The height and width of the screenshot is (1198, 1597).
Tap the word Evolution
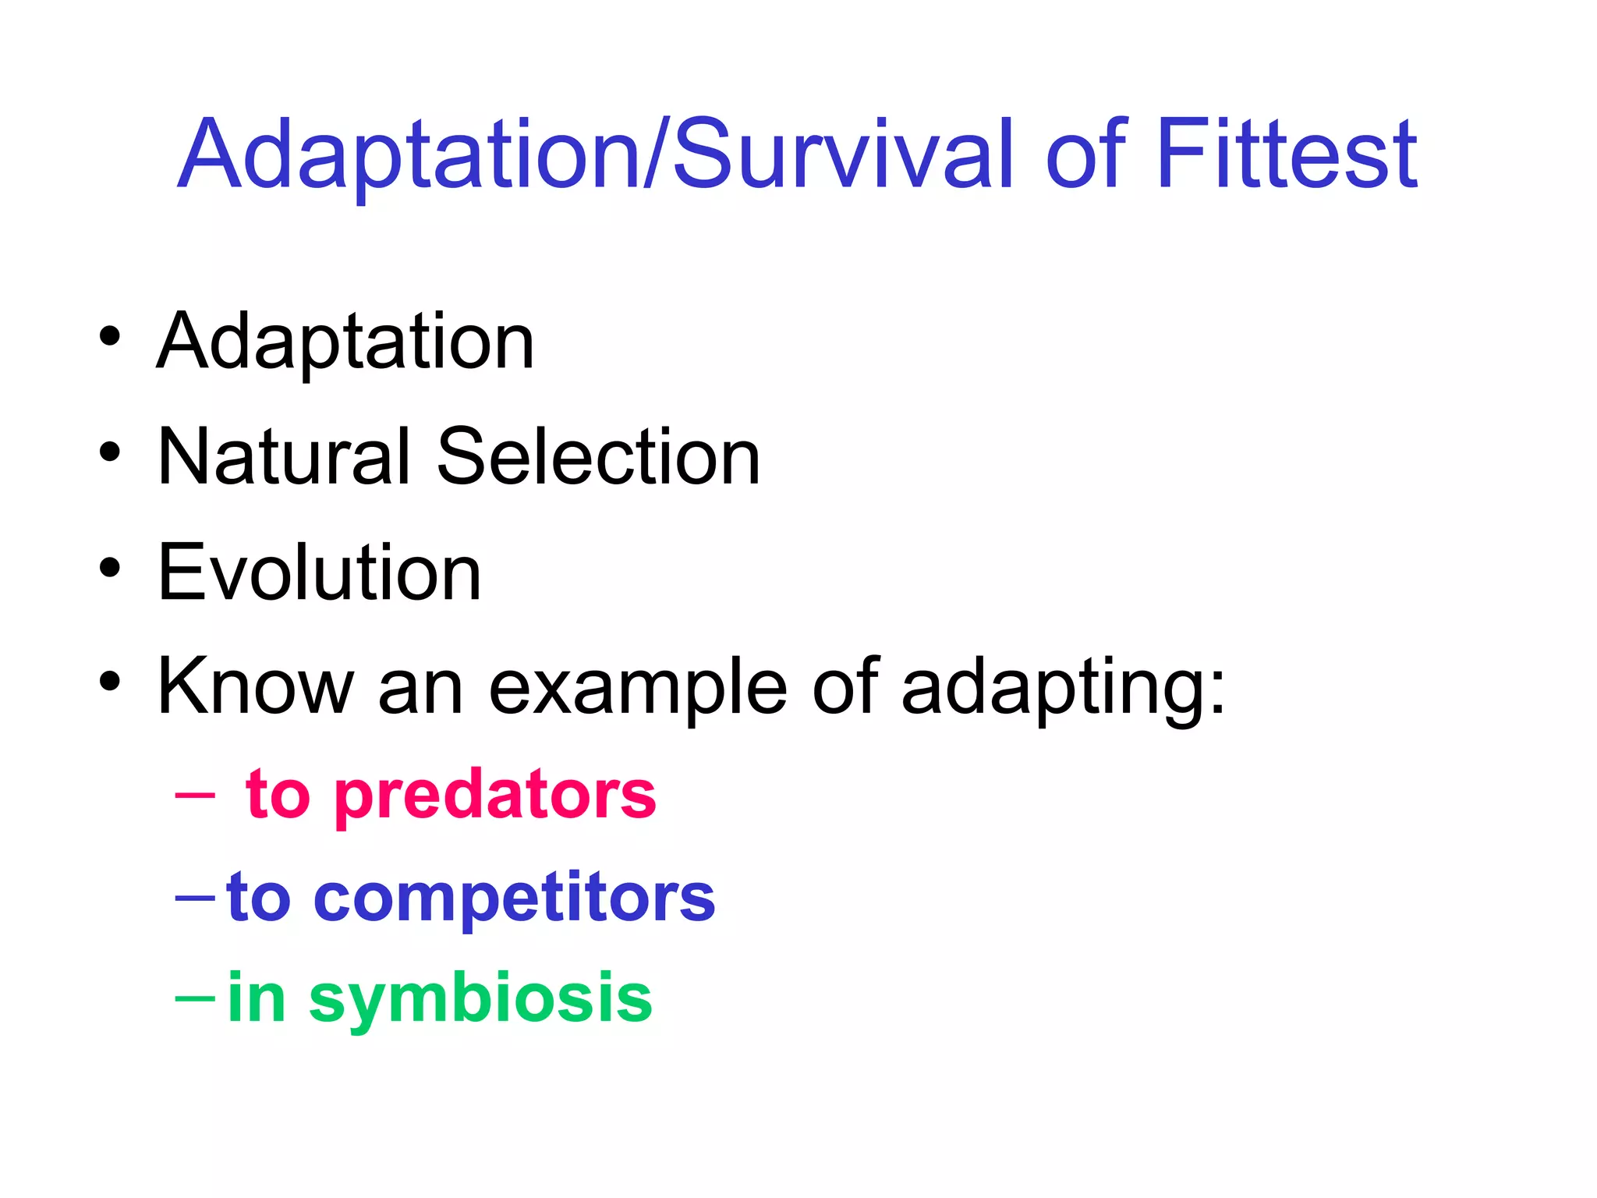click(x=320, y=572)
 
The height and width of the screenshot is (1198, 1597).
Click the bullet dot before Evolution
click(x=110, y=568)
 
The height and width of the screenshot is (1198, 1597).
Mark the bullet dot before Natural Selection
click(x=110, y=452)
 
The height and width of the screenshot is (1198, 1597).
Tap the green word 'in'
click(x=256, y=998)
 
